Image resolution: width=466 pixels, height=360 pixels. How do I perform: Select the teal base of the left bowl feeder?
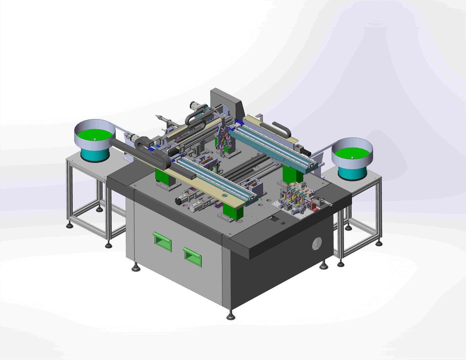(x=95, y=154)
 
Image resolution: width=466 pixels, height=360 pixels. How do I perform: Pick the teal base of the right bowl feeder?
(x=352, y=172)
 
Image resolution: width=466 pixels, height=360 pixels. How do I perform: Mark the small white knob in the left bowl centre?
(x=95, y=139)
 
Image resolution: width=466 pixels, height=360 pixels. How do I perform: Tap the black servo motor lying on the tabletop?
(x=181, y=200)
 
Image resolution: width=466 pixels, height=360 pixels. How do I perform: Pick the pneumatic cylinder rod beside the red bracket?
(x=327, y=202)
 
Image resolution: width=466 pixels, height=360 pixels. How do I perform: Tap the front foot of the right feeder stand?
(x=341, y=263)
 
